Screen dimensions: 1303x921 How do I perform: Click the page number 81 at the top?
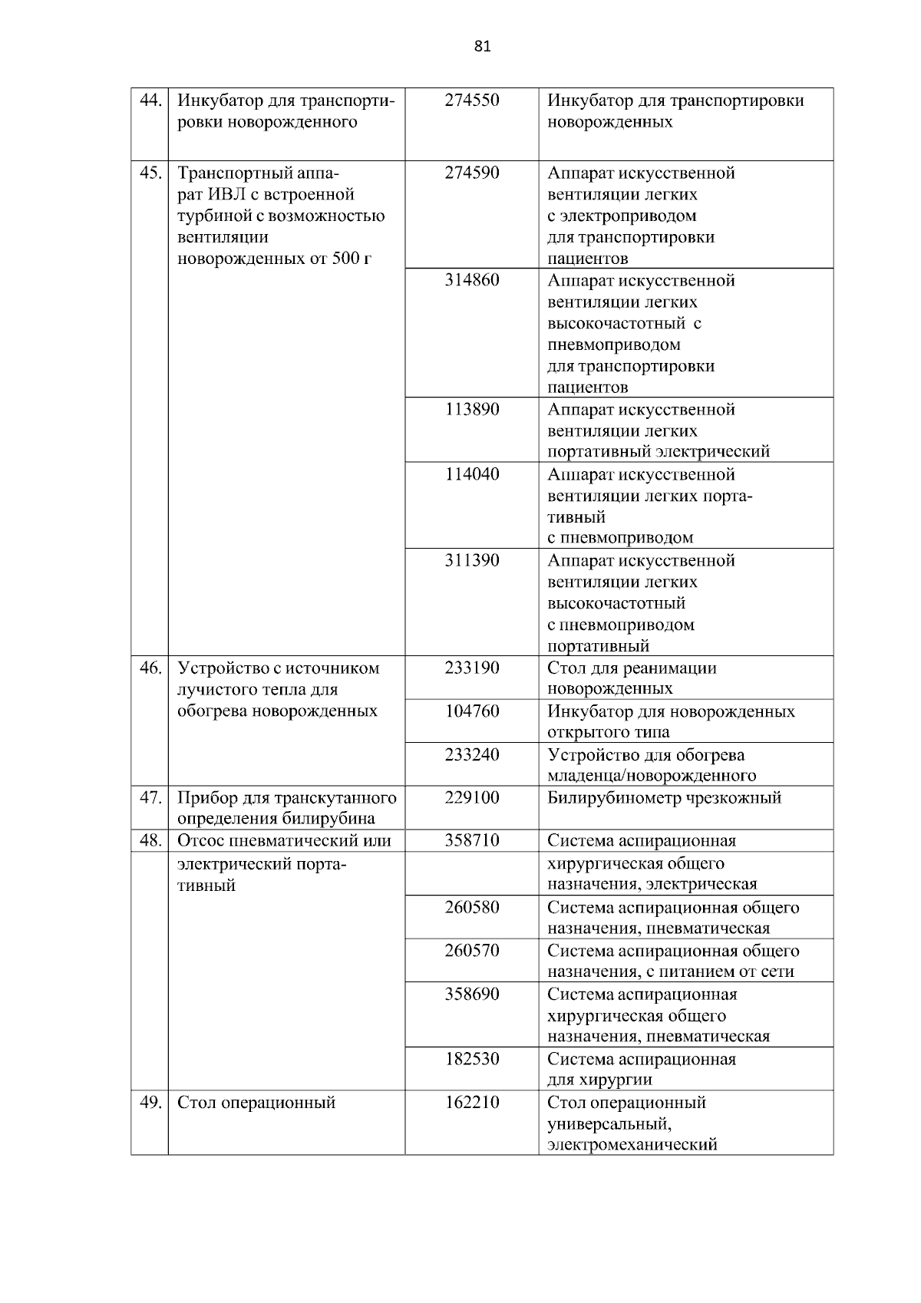click(482, 47)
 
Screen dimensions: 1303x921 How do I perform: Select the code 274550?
click(471, 101)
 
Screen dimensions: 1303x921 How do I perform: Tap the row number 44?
click(150, 101)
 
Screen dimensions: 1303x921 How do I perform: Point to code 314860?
click(471, 280)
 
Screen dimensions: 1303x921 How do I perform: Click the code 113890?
click(471, 409)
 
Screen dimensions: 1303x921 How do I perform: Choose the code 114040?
click(471, 474)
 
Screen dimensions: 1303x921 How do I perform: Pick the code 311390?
click(471, 560)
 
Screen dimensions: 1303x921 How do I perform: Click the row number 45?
click(150, 173)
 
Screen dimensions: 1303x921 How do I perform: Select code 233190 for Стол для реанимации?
click(471, 668)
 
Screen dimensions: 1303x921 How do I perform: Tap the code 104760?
click(471, 711)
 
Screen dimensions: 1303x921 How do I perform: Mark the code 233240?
click(471, 754)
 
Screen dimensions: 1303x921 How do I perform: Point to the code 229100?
click(471, 797)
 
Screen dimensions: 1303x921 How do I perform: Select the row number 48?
click(150, 840)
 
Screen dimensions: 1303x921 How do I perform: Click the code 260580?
click(471, 908)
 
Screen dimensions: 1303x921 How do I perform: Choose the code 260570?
click(471, 951)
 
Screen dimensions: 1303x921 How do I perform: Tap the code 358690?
click(471, 994)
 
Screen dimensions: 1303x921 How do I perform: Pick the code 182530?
click(471, 1059)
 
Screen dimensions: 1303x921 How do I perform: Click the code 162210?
click(471, 1103)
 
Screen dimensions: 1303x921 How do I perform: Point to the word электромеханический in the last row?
click(632, 1145)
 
